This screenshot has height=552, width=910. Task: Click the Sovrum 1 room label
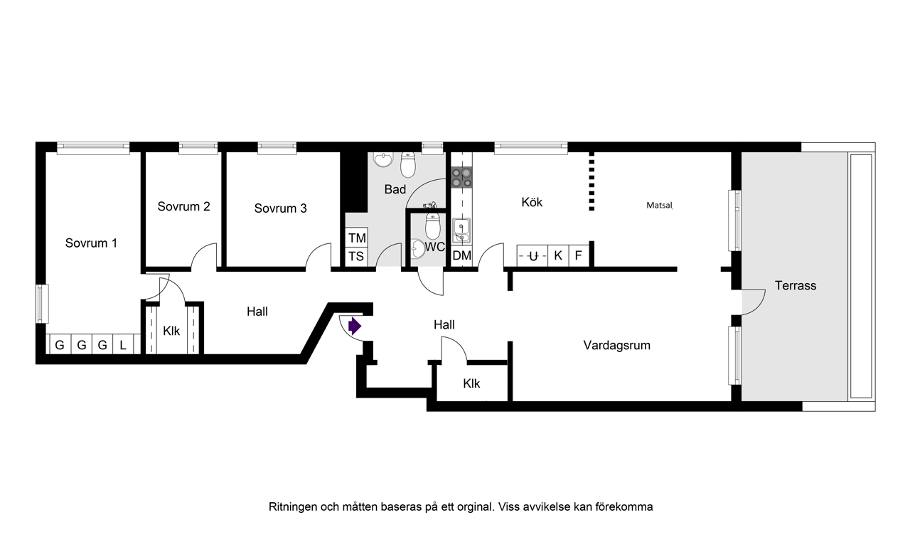pos(91,243)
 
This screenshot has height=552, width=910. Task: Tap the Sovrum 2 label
pos(183,207)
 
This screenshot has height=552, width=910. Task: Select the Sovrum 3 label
pos(280,208)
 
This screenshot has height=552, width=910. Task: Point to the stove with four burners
pos(461,177)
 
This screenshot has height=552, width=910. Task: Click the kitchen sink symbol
pos(461,230)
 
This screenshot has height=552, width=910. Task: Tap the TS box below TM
pos(356,257)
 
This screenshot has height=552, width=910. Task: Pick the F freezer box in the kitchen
pos(579,255)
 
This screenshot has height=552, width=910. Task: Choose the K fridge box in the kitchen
pos(558,255)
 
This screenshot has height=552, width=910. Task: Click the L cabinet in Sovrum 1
pos(123,346)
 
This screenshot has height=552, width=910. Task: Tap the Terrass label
pos(796,286)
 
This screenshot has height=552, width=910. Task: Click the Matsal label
pos(658,206)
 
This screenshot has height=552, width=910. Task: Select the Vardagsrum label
pos(616,346)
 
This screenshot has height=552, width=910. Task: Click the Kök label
pos(532,203)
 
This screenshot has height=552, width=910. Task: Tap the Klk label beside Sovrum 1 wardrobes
pos(171,331)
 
